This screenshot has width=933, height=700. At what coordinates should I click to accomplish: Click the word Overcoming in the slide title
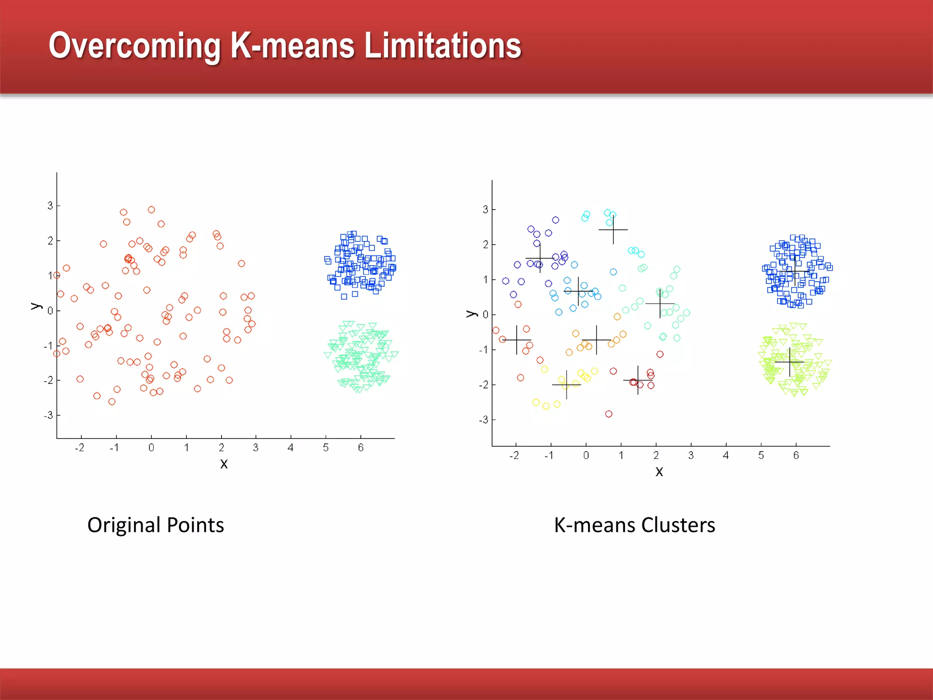(135, 46)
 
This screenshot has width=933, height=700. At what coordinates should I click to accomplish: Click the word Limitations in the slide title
(443, 46)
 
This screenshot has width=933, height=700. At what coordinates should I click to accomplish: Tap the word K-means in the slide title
(292, 46)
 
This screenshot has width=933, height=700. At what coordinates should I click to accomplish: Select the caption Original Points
(155, 525)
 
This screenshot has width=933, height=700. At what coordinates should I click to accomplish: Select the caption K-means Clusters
(634, 525)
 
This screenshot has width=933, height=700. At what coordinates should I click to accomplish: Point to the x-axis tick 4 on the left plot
(291, 448)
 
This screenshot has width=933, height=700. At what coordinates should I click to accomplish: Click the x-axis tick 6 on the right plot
(796, 455)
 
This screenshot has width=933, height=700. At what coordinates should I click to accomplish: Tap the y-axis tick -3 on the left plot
(49, 415)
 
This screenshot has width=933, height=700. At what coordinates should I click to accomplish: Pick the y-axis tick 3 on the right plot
(485, 209)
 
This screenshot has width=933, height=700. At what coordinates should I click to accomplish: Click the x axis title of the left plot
(224, 464)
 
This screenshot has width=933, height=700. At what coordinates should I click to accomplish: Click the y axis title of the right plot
(471, 314)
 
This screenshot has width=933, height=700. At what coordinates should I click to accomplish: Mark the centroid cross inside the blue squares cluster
(795, 272)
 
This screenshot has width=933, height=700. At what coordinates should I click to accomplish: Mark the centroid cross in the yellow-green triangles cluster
(789, 362)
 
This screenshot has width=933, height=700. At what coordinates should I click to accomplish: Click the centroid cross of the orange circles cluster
(596, 340)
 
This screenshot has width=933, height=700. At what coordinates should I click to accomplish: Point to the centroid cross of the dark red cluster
(638, 380)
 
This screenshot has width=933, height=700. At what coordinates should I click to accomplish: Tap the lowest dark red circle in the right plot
(609, 414)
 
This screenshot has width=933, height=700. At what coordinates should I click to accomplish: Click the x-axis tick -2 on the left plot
(80, 448)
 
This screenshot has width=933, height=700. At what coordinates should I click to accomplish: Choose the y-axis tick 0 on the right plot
(486, 314)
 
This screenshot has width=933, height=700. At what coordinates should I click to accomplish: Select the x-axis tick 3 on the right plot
(691, 455)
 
